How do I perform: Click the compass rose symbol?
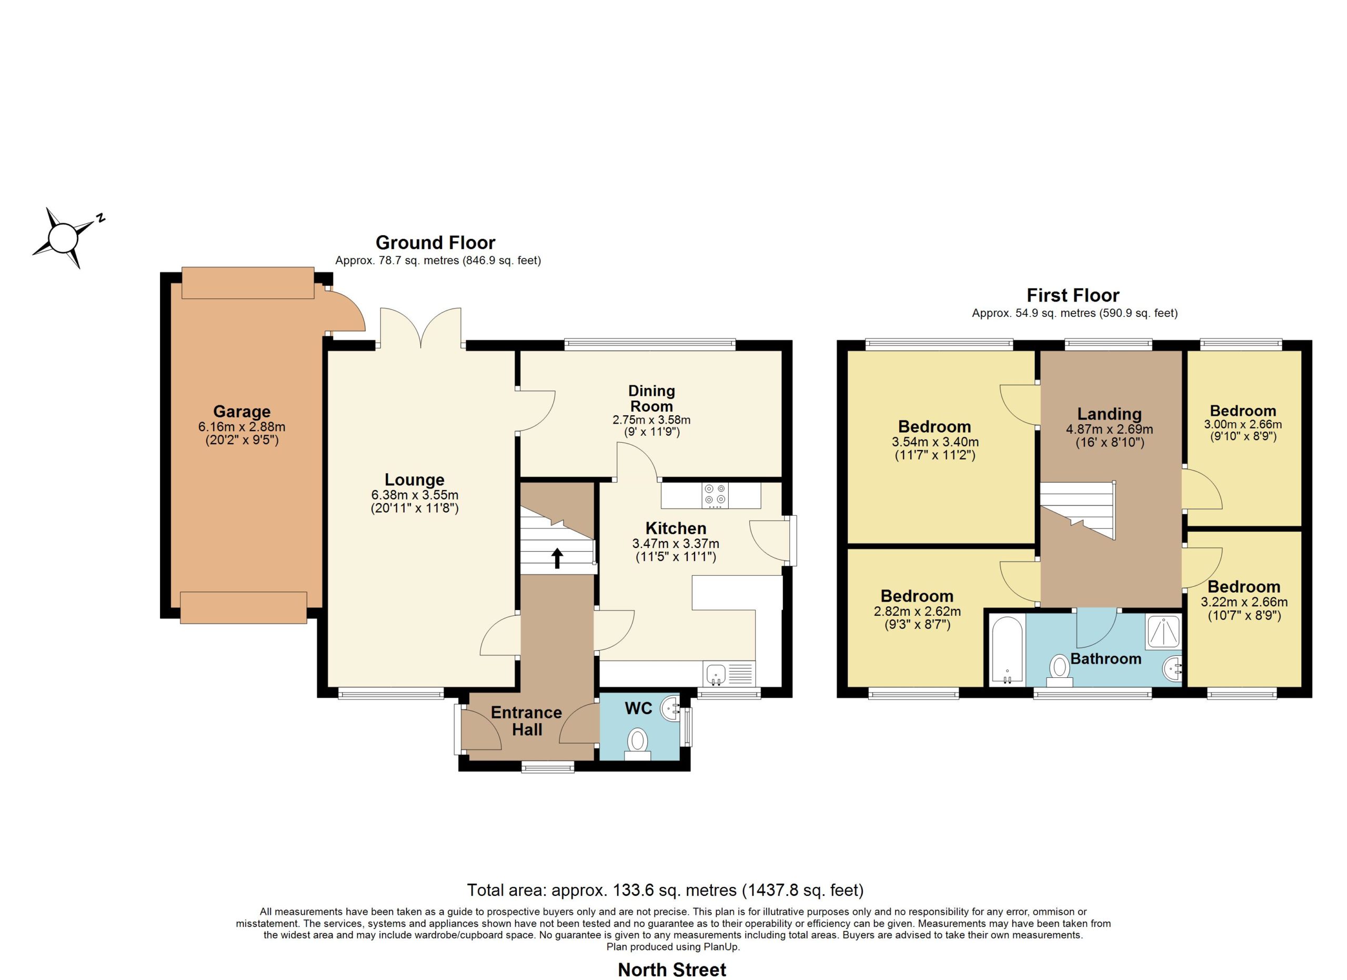click(63, 238)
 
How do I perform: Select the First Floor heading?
click(1073, 295)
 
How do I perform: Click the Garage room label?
click(242, 411)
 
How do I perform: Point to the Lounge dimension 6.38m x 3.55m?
click(415, 495)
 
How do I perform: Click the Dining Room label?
click(651, 398)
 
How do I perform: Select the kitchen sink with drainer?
click(729, 674)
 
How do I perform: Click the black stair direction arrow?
click(557, 558)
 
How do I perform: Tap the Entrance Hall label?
click(527, 721)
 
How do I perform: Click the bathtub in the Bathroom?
click(1006, 651)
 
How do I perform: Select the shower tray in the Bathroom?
click(1163, 632)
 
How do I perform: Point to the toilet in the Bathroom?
click(1060, 667)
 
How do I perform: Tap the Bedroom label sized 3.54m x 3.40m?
click(934, 426)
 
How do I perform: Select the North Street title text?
click(672, 970)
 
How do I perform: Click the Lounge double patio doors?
click(420, 327)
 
